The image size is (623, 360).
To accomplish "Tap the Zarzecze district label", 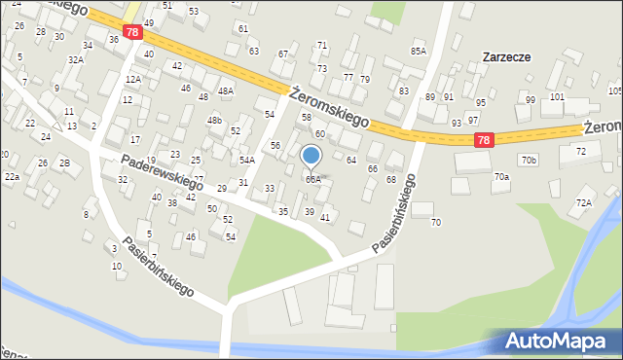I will pyautogui.click(x=506, y=57).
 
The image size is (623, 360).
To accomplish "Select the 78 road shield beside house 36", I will pyautogui.click(x=133, y=32).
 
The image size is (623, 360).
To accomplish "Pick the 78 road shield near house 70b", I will pyautogui.click(x=484, y=141).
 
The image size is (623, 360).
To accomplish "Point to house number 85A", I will pyautogui.click(x=419, y=51).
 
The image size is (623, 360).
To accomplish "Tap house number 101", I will pyautogui.click(x=557, y=97).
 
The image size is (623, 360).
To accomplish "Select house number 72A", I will pyautogui.click(x=583, y=202).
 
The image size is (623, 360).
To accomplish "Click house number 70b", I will pyautogui.click(x=529, y=159).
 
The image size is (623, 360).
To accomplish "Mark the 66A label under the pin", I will pyautogui.click(x=312, y=179).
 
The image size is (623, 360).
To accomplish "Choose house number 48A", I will pyautogui.click(x=226, y=91).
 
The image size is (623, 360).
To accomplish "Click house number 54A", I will pyautogui.click(x=247, y=160).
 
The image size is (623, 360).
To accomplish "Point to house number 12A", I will pyautogui.click(x=132, y=79).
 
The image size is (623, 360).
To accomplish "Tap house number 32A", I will pyautogui.click(x=75, y=59).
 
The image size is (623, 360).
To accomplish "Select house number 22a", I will pyautogui.click(x=12, y=177).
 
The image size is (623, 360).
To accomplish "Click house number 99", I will pyautogui.click(x=531, y=100).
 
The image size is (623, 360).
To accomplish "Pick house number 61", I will pyautogui.click(x=242, y=29).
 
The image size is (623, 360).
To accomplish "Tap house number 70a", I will pyautogui.click(x=501, y=177).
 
